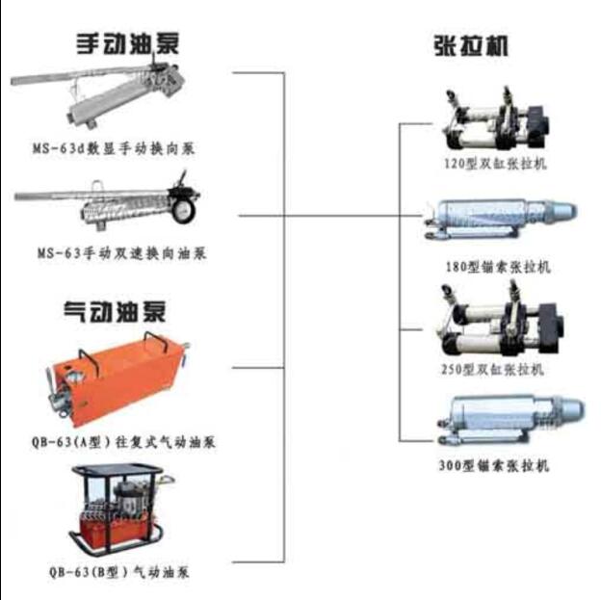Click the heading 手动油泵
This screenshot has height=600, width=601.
click(x=128, y=44)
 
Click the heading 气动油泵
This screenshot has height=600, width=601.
click(x=115, y=312)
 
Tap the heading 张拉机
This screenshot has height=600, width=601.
click(x=471, y=46)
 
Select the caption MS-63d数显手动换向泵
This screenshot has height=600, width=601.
click(x=114, y=148)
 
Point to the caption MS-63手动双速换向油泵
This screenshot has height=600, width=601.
click(x=122, y=253)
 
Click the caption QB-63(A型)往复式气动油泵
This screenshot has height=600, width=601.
click(x=123, y=442)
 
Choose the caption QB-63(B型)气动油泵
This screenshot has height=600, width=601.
click(x=119, y=572)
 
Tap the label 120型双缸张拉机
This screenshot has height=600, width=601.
click(x=495, y=164)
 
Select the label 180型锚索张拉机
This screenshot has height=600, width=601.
click(x=498, y=267)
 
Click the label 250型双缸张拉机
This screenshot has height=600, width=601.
click(x=492, y=369)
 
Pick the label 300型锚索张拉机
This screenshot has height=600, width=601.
click(x=494, y=466)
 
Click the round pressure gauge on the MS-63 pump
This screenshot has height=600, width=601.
click(x=183, y=211)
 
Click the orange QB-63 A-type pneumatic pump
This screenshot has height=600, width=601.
click(x=117, y=379)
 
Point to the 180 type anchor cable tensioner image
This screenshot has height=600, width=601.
click(x=500, y=219)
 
